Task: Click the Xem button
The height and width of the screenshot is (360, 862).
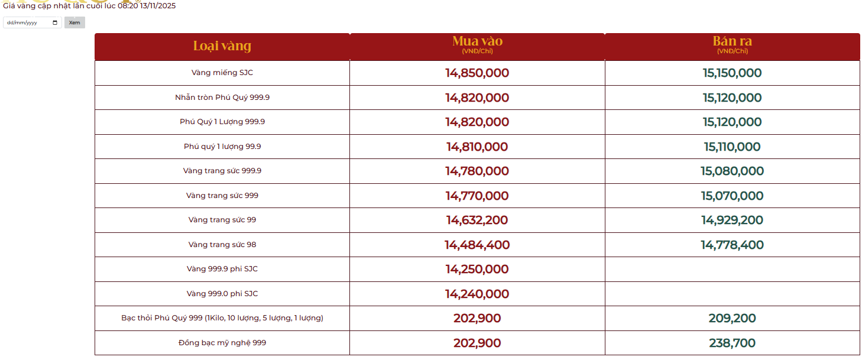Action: pos(74,22)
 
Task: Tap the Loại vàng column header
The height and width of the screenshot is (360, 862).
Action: pos(222,46)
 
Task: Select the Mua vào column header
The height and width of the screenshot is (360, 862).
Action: pos(477,41)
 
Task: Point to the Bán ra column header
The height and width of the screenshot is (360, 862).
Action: pos(732,41)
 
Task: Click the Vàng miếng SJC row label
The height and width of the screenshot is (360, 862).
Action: pos(222,73)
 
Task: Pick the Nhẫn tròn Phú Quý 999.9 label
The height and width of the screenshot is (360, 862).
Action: pos(222,98)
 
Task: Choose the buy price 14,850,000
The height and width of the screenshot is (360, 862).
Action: pos(477,73)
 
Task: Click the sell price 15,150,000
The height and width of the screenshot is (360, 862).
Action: pos(732,73)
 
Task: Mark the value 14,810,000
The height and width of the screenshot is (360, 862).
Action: pos(477,147)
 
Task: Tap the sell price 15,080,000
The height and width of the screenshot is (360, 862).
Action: pos(732,171)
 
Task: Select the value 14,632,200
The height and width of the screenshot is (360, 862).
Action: pos(477,220)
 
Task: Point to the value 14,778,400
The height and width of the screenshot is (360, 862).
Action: pos(732,245)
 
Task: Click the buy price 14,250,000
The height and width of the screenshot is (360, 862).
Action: pos(477,270)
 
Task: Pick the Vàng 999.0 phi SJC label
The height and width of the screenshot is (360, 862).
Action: pos(222,294)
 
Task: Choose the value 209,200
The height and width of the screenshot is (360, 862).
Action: pos(732,319)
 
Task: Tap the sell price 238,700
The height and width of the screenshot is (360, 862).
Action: pos(732,343)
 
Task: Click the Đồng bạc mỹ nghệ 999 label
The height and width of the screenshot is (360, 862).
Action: pos(222,343)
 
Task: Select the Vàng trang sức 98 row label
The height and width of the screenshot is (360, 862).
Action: pos(222,245)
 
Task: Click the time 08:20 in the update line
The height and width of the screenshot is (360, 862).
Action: pos(128,6)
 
